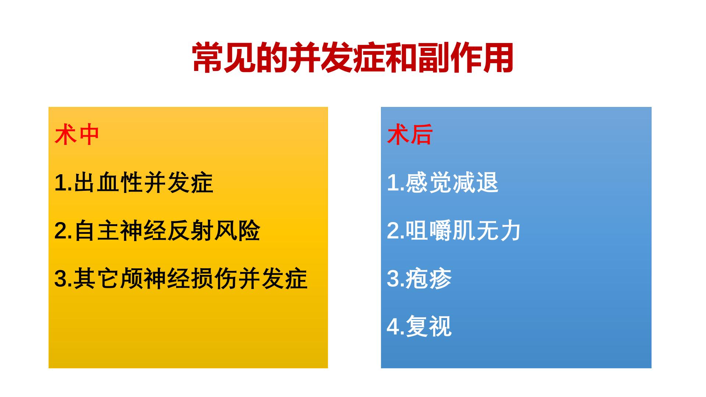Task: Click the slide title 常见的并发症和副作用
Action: click(x=353, y=58)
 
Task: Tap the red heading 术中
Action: click(x=77, y=135)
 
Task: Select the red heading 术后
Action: click(x=410, y=135)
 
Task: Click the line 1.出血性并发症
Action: click(x=134, y=183)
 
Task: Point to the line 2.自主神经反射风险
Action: click(x=157, y=230)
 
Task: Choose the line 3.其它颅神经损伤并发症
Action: click(x=181, y=278)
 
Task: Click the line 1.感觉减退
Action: click(x=443, y=183)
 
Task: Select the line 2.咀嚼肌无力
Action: click(x=454, y=230)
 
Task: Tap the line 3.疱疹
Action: click(x=420, y=278)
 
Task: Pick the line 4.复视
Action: click(x=420, y=326)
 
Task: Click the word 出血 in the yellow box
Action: click(x=97, y=183)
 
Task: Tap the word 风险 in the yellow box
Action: click(x=238, y=230)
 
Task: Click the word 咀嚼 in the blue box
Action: click(x=428, y=230)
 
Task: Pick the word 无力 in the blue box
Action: click(x=498, y=230)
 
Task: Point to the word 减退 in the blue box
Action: click(x=475, y=183)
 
